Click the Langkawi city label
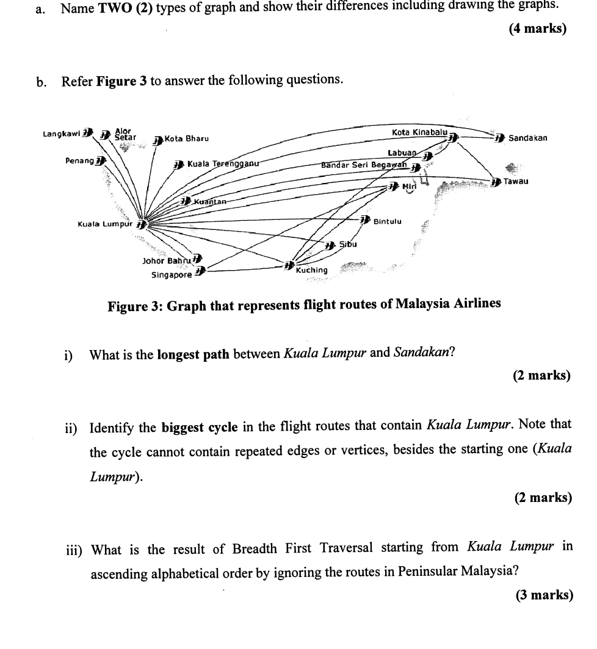point(62,133)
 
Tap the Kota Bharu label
point(187,138)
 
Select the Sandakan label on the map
point(527,138)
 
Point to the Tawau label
point(516,182)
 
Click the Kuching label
point(311,270)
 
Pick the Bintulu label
point(387,221)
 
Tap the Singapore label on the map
point(172,274)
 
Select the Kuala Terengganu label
point(223,163)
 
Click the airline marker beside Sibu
point(330,245)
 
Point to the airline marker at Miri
point(394,186)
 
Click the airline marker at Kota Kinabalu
point(453,138)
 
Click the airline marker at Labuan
point(428,157)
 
